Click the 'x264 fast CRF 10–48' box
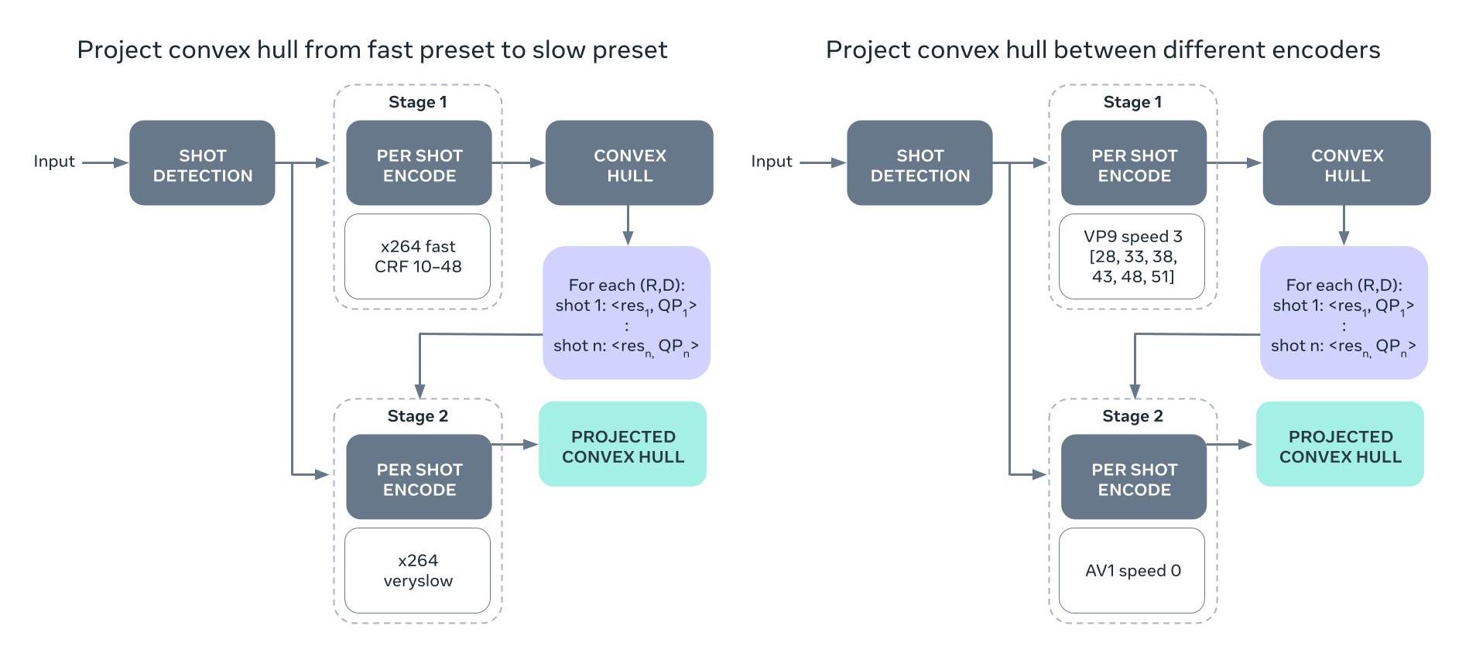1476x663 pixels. pyautogui.click(x=417, y=256)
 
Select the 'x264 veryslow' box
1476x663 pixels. pyautogui.click(x=417, y=570)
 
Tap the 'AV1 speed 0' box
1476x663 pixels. pyautogui.click(x=1132, y=570)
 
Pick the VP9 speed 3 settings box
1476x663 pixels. pyautogui.click(x=1132, y=256)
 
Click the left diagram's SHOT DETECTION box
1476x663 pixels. pyautogui.click(x=202, y=162)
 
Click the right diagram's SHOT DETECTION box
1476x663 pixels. pyautogui.click(x=920, y=162)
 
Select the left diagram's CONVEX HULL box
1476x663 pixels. pyautogui.click(x=629, y=162)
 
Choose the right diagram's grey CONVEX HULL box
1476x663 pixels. pyautogui.click(x=1347, y=162)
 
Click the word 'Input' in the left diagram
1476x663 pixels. pyautogui.click(x=54, y=162)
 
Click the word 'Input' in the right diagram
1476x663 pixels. pyautogui.click(x=772, y=162)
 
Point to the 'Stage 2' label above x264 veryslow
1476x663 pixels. pyautogui.click(x=417, y=416)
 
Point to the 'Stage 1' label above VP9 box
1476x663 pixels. pyautogui.click(x=1132, y=102)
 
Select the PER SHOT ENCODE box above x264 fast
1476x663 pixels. pyautogui.click(x=419, y=162)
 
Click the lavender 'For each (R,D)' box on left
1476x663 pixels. pyautogui.click(x=626, y=313)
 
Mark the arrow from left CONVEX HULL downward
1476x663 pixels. pyautogui.click(x=628, y=226)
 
